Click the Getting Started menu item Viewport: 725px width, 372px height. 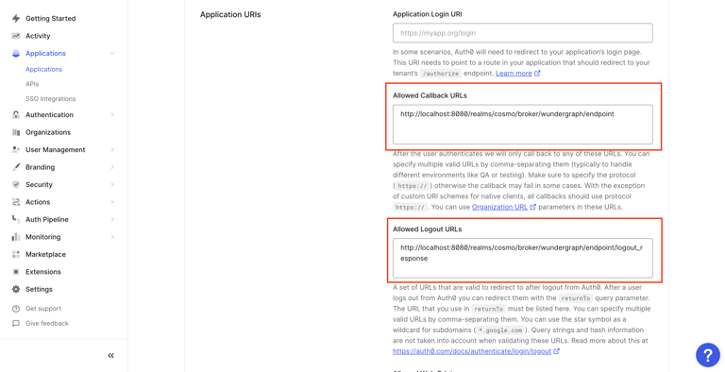(50, 18)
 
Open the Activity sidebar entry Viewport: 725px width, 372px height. (38, 36)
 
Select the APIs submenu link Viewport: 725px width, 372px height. (32, 84)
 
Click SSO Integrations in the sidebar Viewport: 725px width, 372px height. (50, 98)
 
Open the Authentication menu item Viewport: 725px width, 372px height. (49, 115)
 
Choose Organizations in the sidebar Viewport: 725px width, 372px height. (47, 132)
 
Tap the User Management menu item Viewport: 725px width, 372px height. (55, 150)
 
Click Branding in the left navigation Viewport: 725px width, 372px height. (40, 167)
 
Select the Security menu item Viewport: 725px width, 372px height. (39, 185)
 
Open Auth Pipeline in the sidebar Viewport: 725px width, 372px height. (46, 220)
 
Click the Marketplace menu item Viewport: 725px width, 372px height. (45, 254)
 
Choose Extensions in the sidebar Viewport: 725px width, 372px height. (42, 272)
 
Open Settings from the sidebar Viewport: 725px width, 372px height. (39, 290)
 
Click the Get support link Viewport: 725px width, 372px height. (42, 309)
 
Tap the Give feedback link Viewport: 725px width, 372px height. (46, 324)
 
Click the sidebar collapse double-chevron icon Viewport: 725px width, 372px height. (110, 356)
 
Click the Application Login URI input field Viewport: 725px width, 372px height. (522, 33)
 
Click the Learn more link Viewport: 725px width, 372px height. (514, 74)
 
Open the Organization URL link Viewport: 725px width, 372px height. (499, 207)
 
